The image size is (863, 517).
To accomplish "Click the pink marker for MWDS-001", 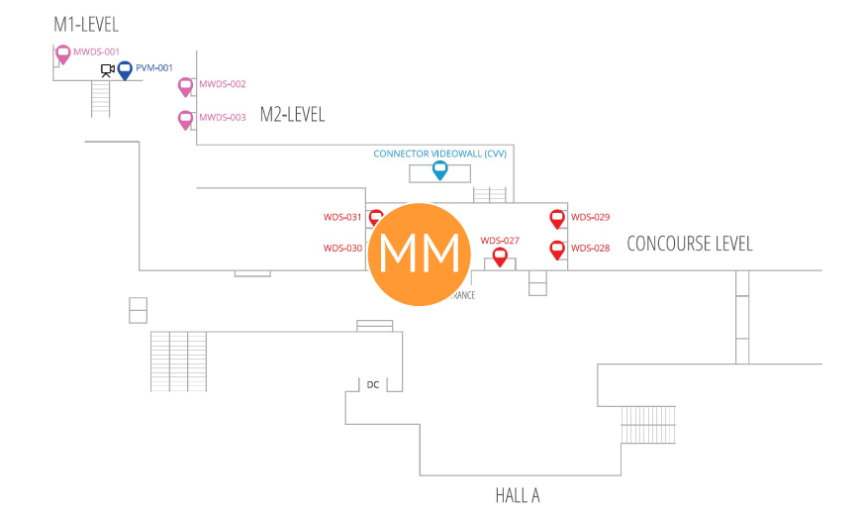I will [x=62, y=53].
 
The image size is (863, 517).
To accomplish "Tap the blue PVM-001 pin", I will [x=125, y=69].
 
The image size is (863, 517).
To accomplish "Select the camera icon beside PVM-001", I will [x=107, y=70].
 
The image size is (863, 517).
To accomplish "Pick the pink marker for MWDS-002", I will [x=185, y=86].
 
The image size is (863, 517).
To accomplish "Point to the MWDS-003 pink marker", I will [x=185, y=119].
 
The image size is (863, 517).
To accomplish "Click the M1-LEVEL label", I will [x=86, y=25].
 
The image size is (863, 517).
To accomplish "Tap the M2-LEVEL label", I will [x=292, y=115].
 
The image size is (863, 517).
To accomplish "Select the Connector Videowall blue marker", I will [x=439, y=170].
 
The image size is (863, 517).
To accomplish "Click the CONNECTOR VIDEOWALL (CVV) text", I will [x=439, y=154].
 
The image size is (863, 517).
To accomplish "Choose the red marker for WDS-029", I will [x=557, y=219].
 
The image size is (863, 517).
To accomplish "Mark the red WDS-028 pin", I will [x=557, y=250].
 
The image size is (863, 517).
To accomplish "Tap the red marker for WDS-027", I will [x=500, y=257].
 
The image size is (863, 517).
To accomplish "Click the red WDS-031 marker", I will [x=376, y=218].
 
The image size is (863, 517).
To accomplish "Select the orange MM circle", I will [x=420, y=254].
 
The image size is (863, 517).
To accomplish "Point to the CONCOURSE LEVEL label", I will [x=690, y=244].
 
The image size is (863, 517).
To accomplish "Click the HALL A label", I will [x=518, y=495].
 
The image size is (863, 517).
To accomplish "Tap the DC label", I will [x=373, y=384].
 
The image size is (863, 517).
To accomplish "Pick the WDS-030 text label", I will [x=342, y=249].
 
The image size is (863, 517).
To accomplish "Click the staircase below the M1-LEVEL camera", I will [x=100, y=98].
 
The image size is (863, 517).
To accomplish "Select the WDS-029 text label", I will [x=591, y=217].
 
